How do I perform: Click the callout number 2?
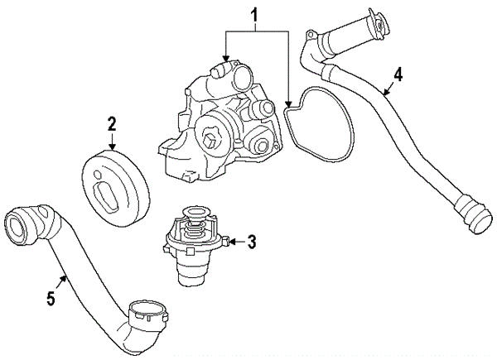[112, 125]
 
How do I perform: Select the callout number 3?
[253, 242]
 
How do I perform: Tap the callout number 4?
[398, 74]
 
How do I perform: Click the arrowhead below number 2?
[113, 147]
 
